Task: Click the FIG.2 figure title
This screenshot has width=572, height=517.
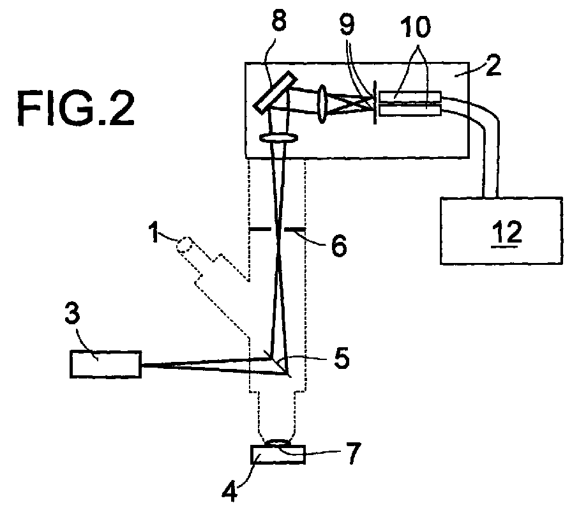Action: coord(76,109)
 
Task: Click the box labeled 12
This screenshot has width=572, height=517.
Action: coord(501,231)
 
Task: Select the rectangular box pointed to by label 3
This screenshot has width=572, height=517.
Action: coord(105,364)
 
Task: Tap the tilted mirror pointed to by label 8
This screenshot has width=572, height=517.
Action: coord(275,91)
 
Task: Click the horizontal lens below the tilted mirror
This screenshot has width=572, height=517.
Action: coord(279,138)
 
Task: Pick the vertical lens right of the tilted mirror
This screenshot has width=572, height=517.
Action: coord(322,104)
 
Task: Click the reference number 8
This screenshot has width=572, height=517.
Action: coord(279,21)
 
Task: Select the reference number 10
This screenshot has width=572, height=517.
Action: coord(416,27)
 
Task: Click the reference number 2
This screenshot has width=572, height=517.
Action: coord(493,65)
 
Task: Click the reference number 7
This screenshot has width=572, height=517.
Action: coord(352,453)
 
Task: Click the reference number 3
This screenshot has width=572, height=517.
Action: coord(72,313)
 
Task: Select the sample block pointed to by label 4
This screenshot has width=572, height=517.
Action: coord(278,454)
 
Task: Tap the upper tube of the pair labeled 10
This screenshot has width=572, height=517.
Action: coord(410,96)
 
